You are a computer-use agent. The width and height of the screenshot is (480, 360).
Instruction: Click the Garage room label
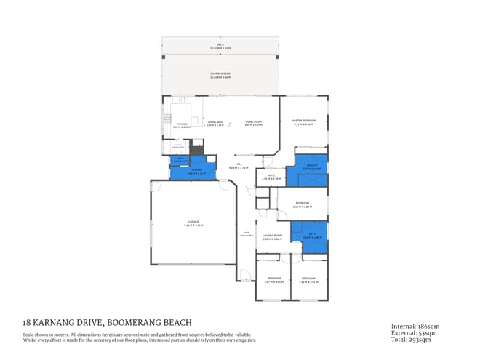193,223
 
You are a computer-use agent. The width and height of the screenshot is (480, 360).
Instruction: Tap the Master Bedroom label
303,122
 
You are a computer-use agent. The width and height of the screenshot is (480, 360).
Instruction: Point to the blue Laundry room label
193,172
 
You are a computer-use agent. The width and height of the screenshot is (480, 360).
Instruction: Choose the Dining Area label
215,123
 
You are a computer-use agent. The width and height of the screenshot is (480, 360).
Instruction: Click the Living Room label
253,123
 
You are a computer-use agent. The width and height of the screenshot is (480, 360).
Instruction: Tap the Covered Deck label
220,73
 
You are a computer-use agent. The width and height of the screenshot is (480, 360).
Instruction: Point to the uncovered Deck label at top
220,45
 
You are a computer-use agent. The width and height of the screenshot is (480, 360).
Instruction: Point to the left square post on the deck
164,57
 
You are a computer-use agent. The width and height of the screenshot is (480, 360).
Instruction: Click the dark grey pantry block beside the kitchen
194,150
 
